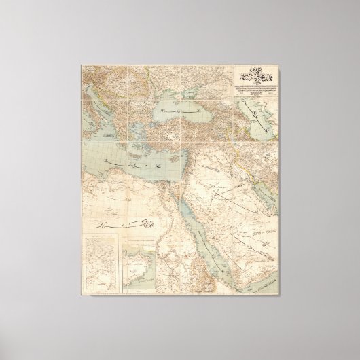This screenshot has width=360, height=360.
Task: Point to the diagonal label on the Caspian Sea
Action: point(255,109)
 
